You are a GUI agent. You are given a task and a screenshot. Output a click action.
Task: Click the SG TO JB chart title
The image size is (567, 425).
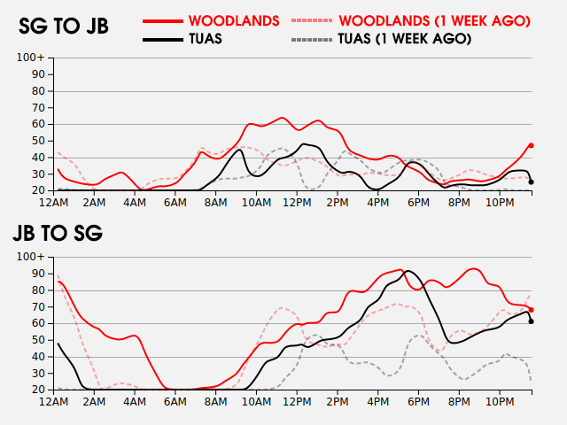click(x=64, y=27)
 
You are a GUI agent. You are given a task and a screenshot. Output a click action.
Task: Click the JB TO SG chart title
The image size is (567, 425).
click(x=58, y=234)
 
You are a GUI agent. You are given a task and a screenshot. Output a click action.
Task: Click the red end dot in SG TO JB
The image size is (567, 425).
click(x=531, y=145)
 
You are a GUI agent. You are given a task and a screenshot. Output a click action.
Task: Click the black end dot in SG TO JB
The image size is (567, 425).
click(x=531, y=182)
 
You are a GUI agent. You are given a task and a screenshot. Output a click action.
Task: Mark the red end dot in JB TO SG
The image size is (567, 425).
click(x=531, y=310)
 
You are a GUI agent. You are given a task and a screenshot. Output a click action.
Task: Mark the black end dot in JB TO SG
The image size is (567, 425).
click(x=531, y=321)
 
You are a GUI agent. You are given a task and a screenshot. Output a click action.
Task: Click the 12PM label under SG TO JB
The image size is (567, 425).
click(x=297, y=202)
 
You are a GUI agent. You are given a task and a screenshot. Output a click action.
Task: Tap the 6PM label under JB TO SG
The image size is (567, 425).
click(x=419, y=401)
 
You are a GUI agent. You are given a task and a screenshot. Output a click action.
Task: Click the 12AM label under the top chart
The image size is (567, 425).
click(x=55, y=202)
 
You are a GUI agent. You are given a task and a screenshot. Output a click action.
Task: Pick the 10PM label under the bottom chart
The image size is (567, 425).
click(x=500, y=401)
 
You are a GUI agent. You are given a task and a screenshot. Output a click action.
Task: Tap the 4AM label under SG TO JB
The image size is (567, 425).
click(x=135, y=202)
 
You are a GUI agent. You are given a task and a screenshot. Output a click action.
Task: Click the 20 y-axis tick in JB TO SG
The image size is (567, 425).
click(x=38, y=390)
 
